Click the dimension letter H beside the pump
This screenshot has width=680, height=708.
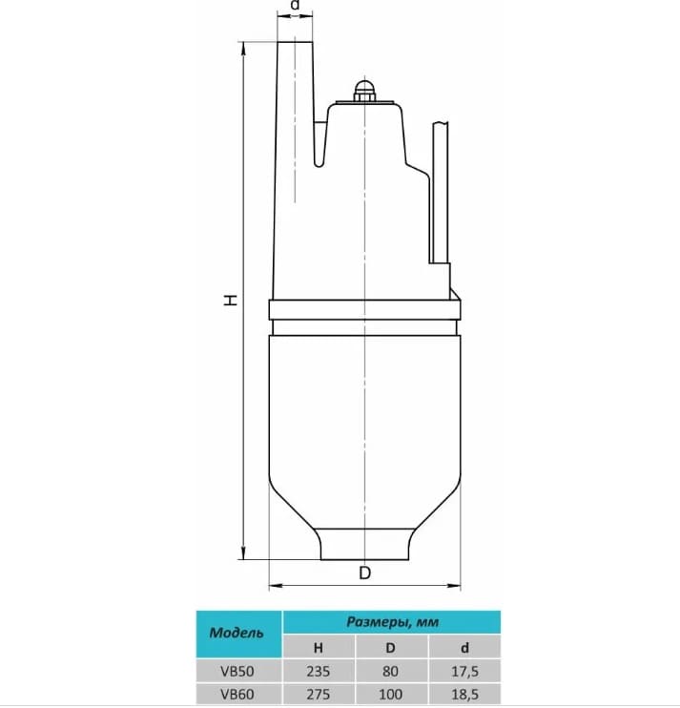(230, 300)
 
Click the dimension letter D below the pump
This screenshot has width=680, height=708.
(364, 573)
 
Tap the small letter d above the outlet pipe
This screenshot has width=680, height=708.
(295, 6)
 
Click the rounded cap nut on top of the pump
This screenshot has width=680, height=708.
(364, 92)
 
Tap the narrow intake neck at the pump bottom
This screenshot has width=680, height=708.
(365, 546)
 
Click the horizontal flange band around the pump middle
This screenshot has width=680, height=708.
(365, 310)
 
